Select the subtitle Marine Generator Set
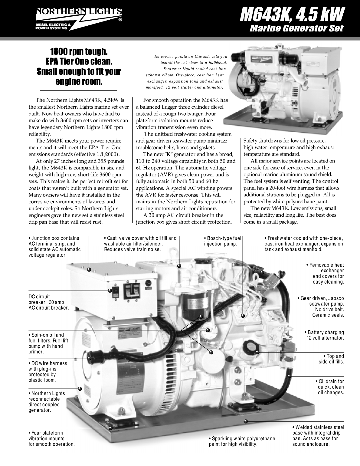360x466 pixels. (296, 28)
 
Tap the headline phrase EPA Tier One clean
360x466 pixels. (79, 61)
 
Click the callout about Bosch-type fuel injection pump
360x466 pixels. (222, 241)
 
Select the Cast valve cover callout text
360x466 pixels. (140, 244)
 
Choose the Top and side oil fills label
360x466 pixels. (332, 359)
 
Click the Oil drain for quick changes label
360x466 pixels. (330, 387)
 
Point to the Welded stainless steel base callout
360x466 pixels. (318, 436)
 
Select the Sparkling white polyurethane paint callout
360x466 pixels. (242, 441)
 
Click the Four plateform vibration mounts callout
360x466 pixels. (51, 438)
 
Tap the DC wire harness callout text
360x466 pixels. (47, 372)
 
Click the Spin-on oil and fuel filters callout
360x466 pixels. (48, 343)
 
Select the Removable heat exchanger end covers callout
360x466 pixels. (326, 273)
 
